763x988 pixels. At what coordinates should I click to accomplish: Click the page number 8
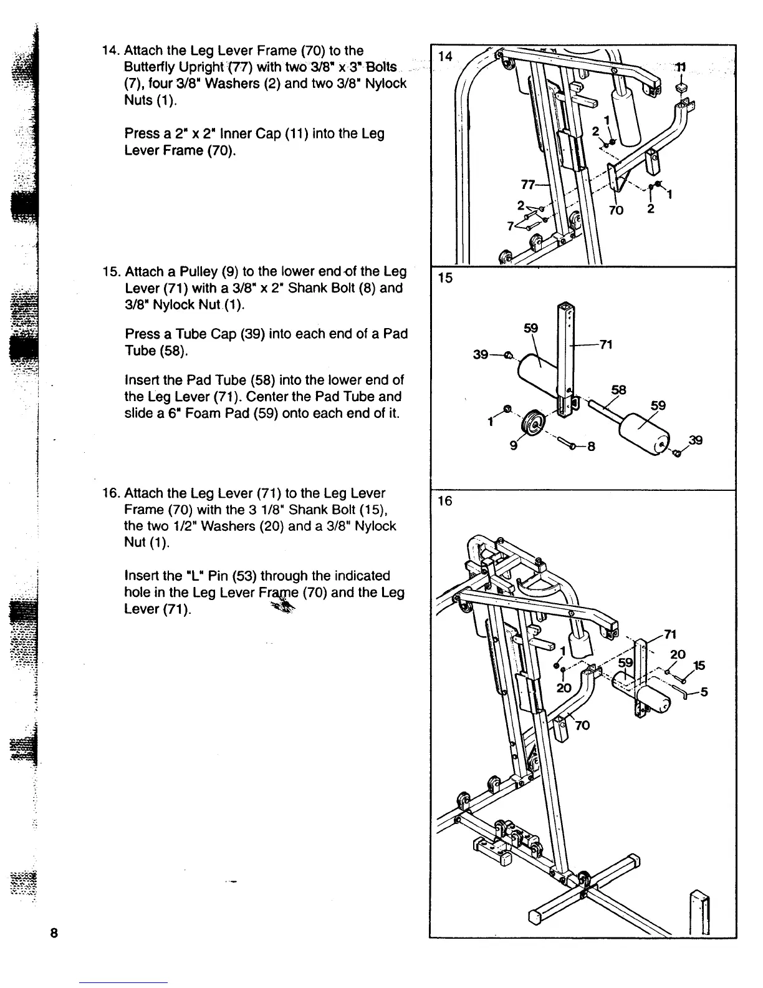(x=54, y=933)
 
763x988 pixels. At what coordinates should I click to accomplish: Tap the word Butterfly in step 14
(x=150, y=67)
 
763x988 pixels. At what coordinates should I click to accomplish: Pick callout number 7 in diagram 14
(x=510, y=226)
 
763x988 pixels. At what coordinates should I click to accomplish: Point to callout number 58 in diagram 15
(x=618, y=390)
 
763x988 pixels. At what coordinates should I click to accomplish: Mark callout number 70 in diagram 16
(x=582, y=725)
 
